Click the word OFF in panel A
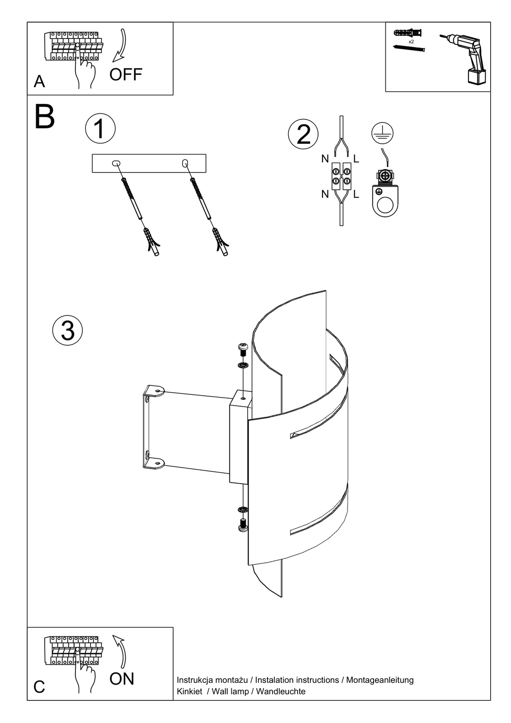pos(126,75)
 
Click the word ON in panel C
pos(122,679)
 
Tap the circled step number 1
pos(100,128)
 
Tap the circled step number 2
pos(303,134)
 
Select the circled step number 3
pos(68,330)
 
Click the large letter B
pos(44,118)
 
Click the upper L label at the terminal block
pos(356,159)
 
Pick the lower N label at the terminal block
pos(325,194)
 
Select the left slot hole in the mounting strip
pos(116,163)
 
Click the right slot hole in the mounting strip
pos(184,163)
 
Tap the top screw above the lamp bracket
pos(243,349)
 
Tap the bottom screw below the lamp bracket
pos(243,525)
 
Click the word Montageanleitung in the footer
pos(380,680)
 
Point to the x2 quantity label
pos(411,41)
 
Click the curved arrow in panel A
pos(120,46)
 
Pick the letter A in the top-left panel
pos(39,81)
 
